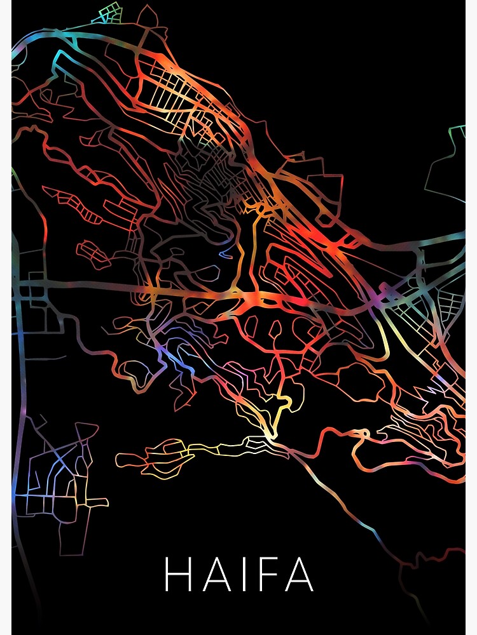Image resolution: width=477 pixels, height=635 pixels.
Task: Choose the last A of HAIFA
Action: (298, 574)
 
